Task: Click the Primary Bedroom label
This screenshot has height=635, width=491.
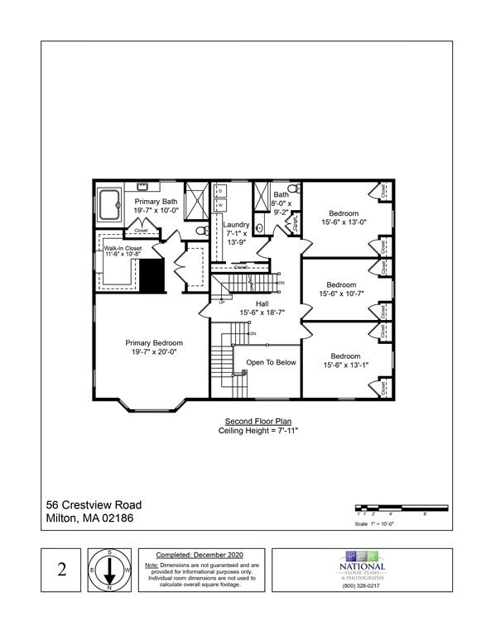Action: coord(154,342)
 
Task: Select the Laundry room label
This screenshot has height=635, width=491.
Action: coord(237,225)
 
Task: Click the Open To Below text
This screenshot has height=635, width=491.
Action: coord(271,362)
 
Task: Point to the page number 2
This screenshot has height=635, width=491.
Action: coord(61,570)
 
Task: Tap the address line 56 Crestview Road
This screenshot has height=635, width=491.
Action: coord(94,505)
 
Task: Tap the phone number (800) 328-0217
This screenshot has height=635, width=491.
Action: coord(362,586)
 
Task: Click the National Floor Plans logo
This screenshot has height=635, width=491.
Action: coord(362,564)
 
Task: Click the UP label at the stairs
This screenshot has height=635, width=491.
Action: coord(221,301)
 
